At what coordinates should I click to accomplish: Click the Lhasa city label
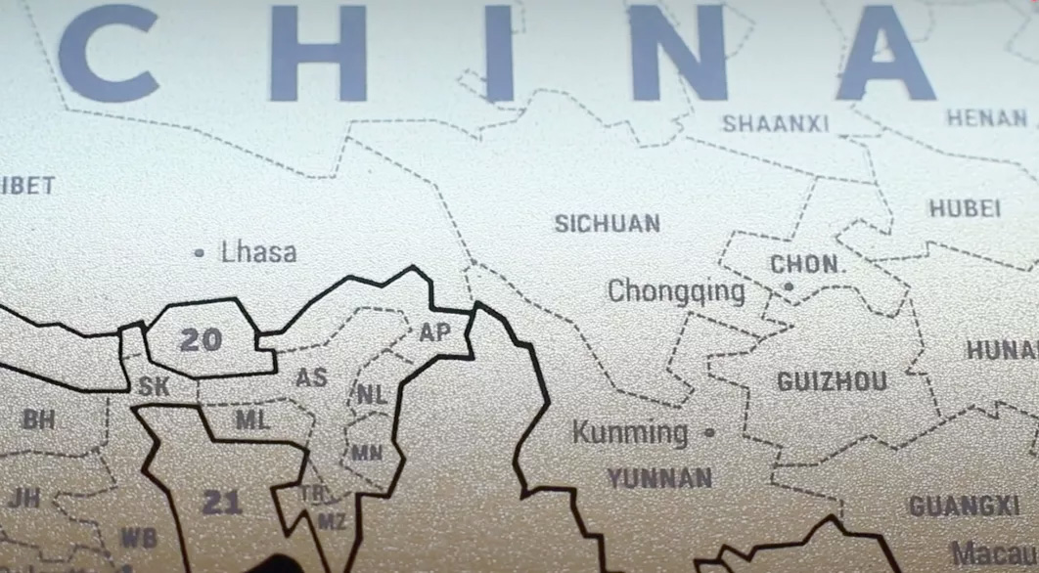[x=258, y=252]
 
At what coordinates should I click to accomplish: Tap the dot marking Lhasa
[x=200, y=252]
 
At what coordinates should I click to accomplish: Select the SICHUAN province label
[x=607, y=223]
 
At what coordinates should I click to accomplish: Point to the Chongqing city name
[x=676, y=291]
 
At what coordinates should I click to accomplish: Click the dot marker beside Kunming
[x=709, y=431]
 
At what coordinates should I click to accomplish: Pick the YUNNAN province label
[x=659, y=478]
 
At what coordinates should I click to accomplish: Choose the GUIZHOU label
[x=832, y=381]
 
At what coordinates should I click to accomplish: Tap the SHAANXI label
[x=775, y=123]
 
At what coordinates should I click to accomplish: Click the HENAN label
[x=986, y=118]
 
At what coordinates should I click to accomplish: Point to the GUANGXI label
[x=964, y=507]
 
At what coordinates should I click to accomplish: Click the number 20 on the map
[x=201, y=340]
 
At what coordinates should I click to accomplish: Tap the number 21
[x=221, y=503]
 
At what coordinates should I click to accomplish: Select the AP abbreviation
[x=434, y=332]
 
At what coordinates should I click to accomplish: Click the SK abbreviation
[x=154, y=387]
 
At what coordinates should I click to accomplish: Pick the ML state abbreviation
[x=251, y=419]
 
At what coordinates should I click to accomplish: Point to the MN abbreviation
[x=367, y=453]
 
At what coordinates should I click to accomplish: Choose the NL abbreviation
[x=371, y=395]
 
